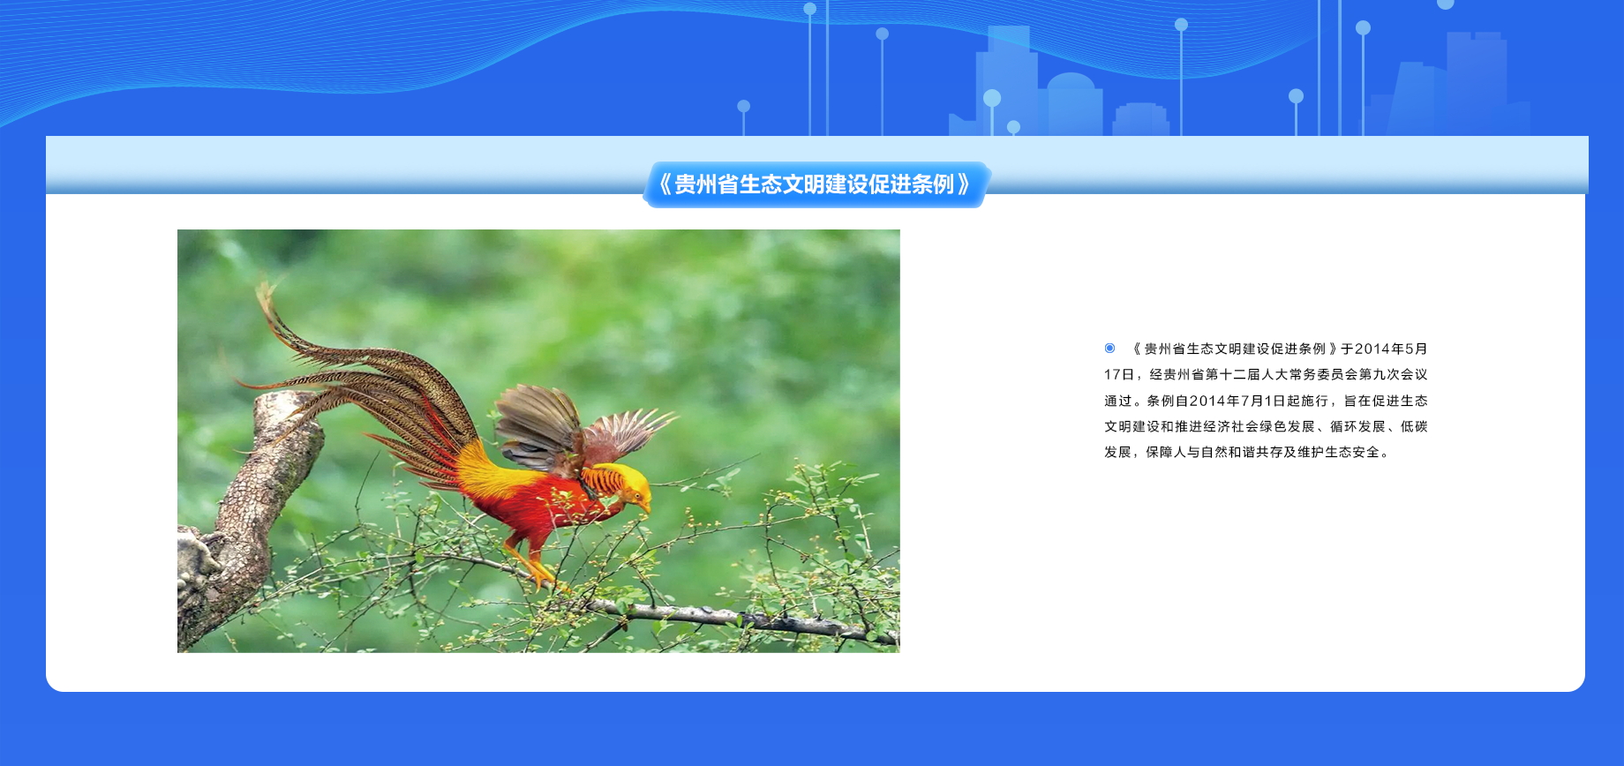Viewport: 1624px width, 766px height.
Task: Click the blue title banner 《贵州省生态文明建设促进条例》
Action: tap(816, 184)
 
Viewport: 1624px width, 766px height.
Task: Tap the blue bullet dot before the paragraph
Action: tap(1109, 349)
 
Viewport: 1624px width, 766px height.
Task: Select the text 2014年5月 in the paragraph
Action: tap(1391, 349)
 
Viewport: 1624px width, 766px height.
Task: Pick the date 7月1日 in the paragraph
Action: tap(1264, 401)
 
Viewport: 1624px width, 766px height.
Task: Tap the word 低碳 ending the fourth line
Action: tap(1414, 426)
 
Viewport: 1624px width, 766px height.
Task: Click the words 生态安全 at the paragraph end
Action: tap(1352, 452)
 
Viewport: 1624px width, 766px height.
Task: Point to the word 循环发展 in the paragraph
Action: tap(1357, 426)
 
